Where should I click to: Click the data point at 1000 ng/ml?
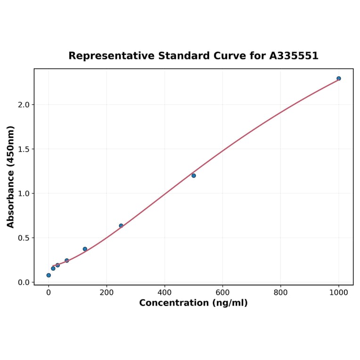pos(338,79)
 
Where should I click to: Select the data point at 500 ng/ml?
pos(194,176)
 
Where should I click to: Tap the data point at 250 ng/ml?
pos(121,226)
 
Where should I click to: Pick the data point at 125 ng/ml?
pos(85,249)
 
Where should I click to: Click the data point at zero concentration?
pos(49,275)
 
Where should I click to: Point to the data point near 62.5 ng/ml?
pos(66,261)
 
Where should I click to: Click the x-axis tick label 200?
pos(106,292)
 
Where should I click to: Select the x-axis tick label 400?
pos(164,292)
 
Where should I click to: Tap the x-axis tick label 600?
pos(222,292)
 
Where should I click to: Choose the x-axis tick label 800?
pos(280,292)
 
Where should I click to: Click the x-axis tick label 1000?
pos(338,292)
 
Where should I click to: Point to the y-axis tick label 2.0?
pos(23,105)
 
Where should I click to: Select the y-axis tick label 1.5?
pos(23,149)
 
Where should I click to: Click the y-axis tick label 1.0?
pos(23,194)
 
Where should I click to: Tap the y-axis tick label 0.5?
pos(23,238)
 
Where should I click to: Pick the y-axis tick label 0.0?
pos(23,282)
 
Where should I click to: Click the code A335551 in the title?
pos(294,56)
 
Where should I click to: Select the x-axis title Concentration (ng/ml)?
pos(193,303)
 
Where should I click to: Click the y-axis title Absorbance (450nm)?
pos(11,177)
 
